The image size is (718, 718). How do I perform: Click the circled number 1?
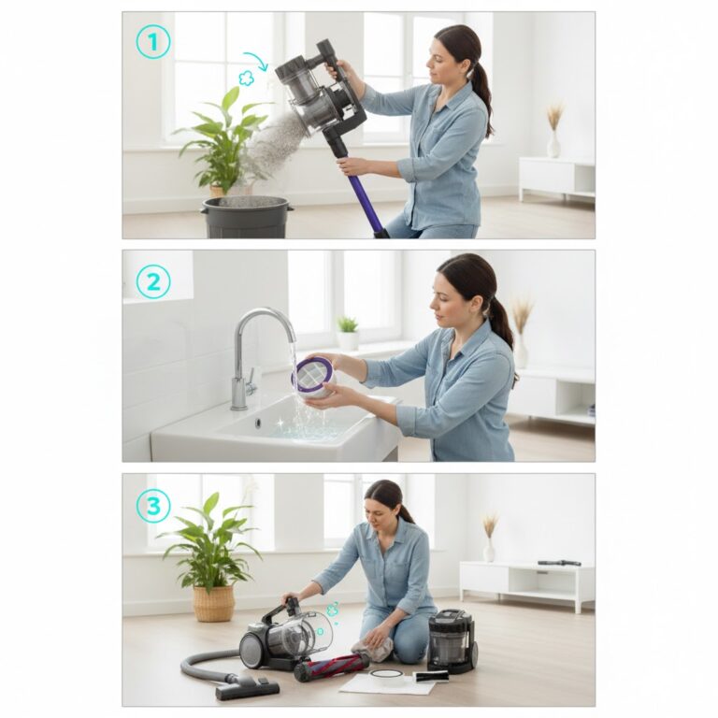[x=153, y=42]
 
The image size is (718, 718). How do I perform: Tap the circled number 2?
[x=153, y=281]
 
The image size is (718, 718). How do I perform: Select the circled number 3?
[x=153, y=506]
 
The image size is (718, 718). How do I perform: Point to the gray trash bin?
[x=247, y=217]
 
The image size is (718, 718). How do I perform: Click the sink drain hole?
[x=258, y=422]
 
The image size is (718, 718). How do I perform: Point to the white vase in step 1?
[x=554, y=145]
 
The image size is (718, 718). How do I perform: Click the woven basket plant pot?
[x=213, y=603]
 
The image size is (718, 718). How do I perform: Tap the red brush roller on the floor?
[x=332, y=665]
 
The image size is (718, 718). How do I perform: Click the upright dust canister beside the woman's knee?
[x=452, y=640]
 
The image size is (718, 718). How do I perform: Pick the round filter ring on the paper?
[x=388, y=678]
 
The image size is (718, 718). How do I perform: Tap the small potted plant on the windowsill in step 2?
[x=348, y=333]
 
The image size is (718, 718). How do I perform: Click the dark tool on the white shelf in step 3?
[x=559, y=563]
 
